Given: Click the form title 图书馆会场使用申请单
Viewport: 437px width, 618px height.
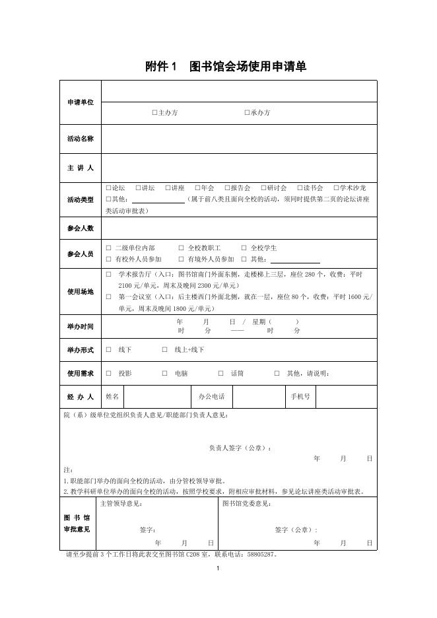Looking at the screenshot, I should [248, 67].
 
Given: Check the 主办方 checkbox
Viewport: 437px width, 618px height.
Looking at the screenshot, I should [154, 113].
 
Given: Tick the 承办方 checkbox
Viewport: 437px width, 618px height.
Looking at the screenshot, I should [247, 113].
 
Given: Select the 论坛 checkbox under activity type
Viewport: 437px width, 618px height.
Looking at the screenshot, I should [108, 188].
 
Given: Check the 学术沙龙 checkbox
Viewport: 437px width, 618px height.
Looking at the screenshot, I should [336, 188].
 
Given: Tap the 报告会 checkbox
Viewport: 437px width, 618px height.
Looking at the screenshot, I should [227, 188].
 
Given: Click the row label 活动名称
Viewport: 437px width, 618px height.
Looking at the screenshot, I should [81, 139].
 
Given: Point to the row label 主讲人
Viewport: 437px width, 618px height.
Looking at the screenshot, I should [81, 168].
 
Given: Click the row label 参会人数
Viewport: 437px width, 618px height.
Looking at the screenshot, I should [81, 228].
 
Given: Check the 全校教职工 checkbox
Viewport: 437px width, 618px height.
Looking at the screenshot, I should [182, 248].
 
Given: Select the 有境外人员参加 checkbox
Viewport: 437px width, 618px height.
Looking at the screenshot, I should [182, 259].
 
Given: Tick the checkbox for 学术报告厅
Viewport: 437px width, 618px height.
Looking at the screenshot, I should [109, 274].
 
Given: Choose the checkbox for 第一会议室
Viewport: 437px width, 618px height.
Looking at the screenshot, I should [109, 297].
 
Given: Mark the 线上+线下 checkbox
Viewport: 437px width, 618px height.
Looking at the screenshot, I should [164, 350].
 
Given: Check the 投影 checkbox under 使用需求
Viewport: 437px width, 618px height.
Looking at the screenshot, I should [109, 374].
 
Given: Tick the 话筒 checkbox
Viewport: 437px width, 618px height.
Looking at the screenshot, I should [220, 374].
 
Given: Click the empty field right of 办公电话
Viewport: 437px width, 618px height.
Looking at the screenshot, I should [257, 397].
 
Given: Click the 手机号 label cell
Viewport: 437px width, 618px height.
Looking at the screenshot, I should [300, 397].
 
